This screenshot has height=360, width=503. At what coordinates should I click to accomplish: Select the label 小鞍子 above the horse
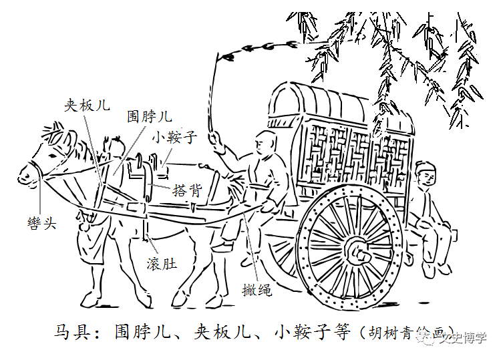(174, 138)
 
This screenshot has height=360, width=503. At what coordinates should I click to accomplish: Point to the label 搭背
(186, 190)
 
